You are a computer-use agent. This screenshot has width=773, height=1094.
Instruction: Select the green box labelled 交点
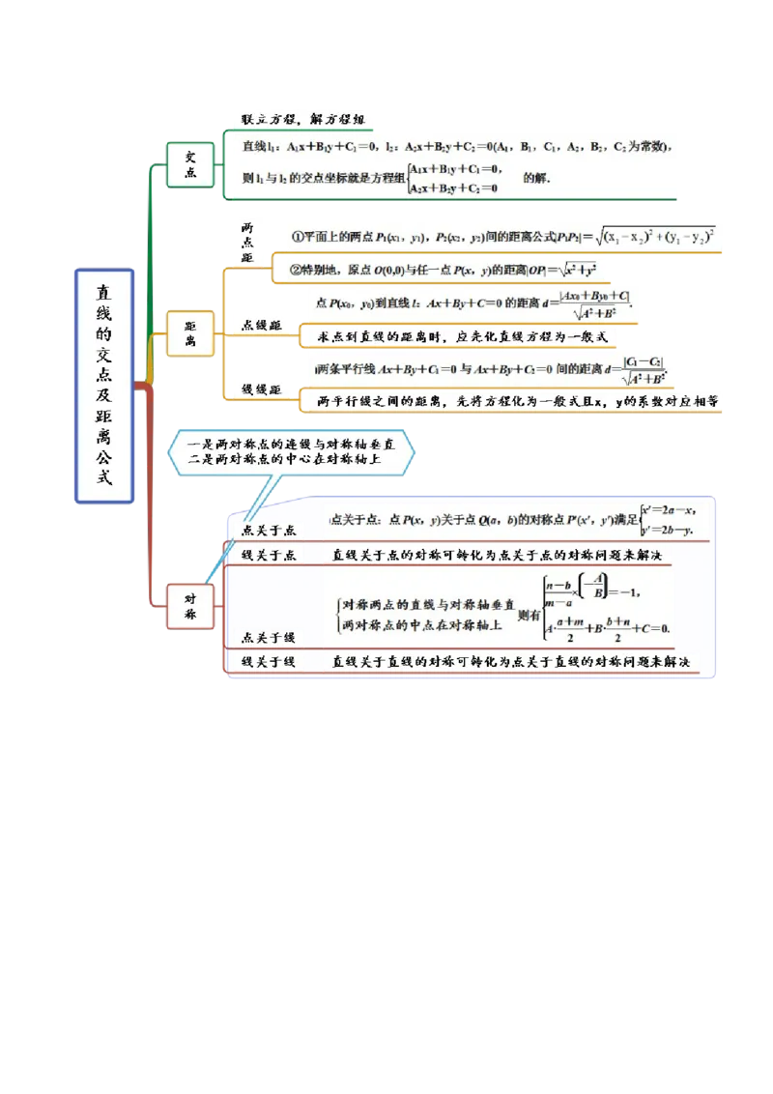(190, 165)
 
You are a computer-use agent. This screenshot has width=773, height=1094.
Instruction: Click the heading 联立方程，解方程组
(302, 120)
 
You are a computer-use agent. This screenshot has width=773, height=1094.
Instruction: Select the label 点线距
(261, 327)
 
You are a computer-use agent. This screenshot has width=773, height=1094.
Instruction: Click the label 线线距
(261, 389)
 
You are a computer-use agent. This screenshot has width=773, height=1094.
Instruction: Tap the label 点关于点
(268, 531)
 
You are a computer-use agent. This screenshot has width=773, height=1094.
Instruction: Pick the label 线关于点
(268, 555)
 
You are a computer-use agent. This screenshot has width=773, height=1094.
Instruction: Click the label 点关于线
(268, 637)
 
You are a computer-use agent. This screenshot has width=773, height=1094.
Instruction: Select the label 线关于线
(268, 662)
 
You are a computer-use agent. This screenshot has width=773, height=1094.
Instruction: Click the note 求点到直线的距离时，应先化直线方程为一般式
(462, 337)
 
